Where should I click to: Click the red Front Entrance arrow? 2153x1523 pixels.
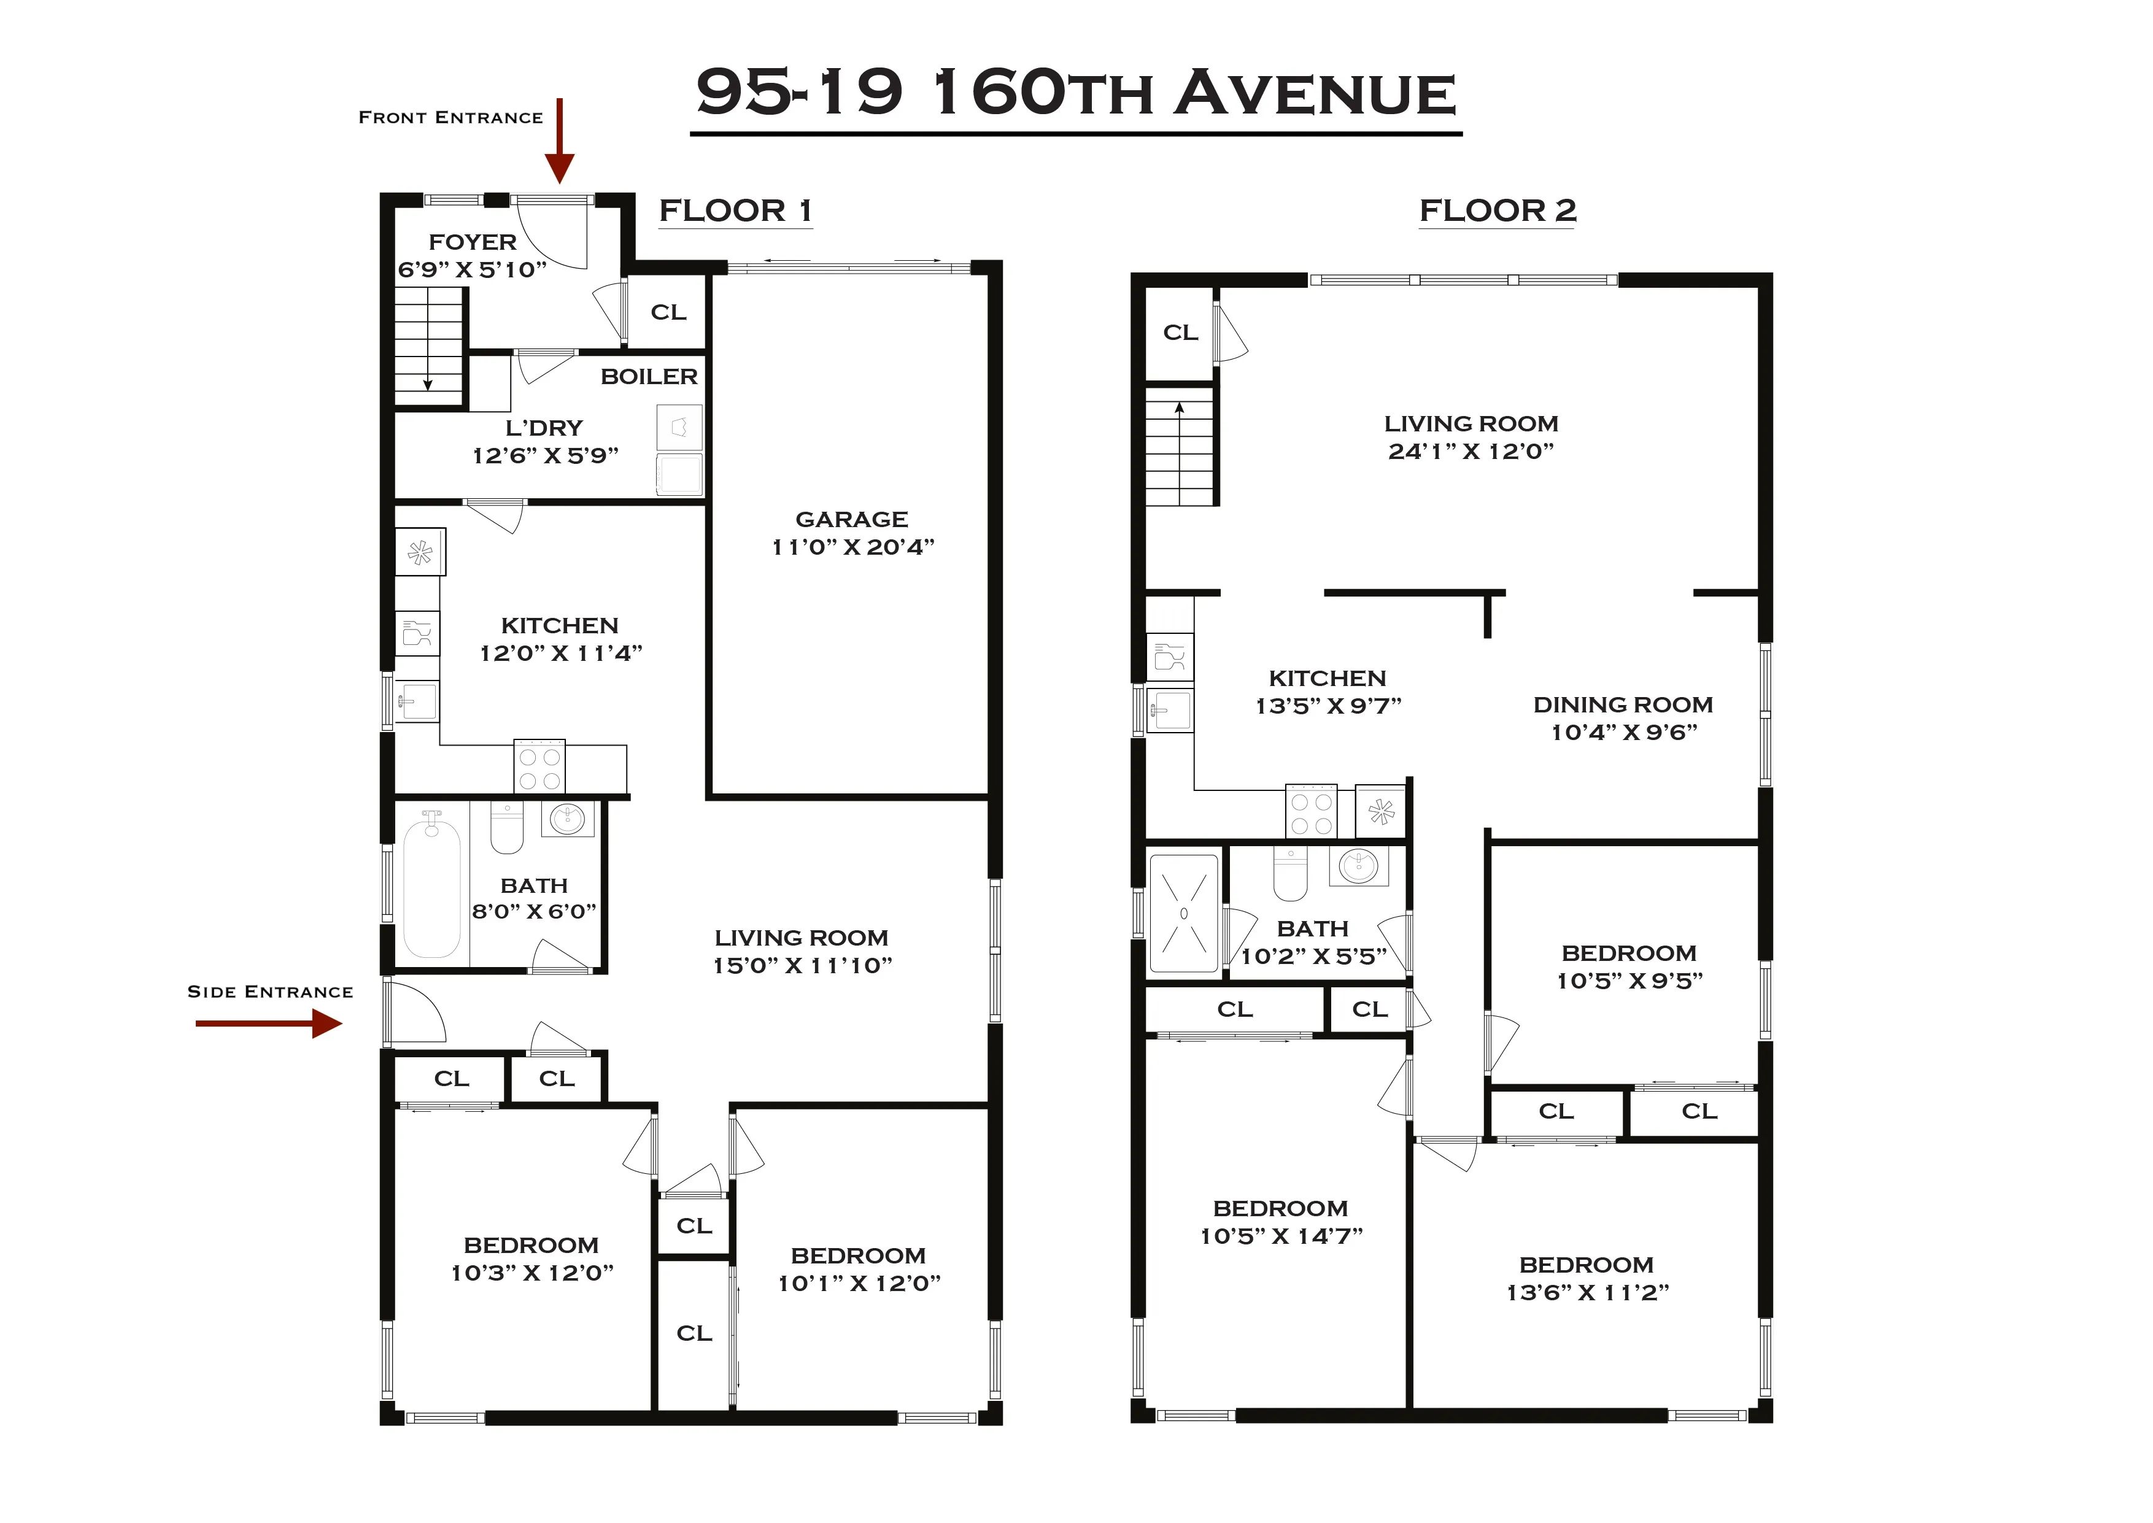pos(559,141)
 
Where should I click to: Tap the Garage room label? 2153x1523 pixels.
pos(851,520)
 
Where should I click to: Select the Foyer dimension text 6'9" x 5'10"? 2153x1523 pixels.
pos(472,270)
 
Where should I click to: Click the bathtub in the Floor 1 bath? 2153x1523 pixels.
pos(431,886)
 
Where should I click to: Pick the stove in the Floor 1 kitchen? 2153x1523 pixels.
pos(539,767)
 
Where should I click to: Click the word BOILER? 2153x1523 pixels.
pos(649,377)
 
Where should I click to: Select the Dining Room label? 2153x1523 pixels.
pos(1623,705)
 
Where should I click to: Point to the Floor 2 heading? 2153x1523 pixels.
pos(1498,211)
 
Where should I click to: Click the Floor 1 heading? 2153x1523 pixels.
pos(735,211)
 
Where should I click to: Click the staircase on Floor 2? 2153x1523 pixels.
pos(1180,446)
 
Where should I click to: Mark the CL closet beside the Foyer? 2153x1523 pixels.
pos(668,312)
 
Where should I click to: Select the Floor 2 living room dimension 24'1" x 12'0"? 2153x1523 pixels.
pos(1471,451)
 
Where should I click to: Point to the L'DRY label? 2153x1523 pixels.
pos(544,428)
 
